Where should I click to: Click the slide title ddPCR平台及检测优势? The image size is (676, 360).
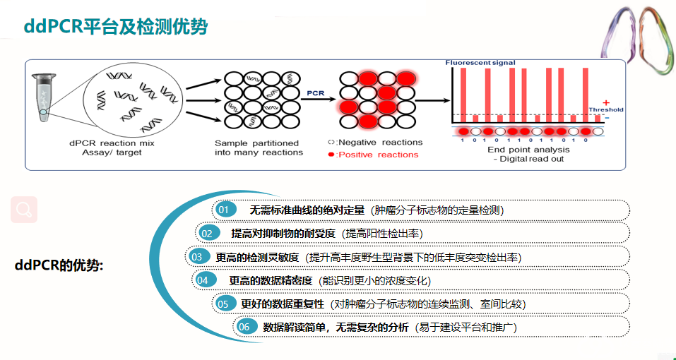click(x=116, y=28)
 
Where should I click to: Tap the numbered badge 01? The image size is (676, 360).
click(x=224, y=210)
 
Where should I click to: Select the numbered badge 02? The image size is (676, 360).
click(x=207, y=233)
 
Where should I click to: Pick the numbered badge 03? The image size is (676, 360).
click(x=197, y=256)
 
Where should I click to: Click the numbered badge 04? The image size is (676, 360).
click(x=203, y=280)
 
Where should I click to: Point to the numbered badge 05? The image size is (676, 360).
click(x=224, y=304)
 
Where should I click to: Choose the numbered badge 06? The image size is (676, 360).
click(x=244, y=327)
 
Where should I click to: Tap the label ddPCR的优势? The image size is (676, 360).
click(x=59, y=265)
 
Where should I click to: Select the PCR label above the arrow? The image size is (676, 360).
click(x=315, y=92)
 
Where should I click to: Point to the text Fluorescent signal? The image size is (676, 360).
click(x=480, y=63)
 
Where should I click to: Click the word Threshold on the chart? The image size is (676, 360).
click(x=606, y=109)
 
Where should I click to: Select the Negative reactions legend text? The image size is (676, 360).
click(x=374, y=142)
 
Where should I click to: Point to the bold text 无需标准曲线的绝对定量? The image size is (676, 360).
click(x=307, y=210)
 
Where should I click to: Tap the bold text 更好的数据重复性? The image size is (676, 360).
click(x=283, y=304)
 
